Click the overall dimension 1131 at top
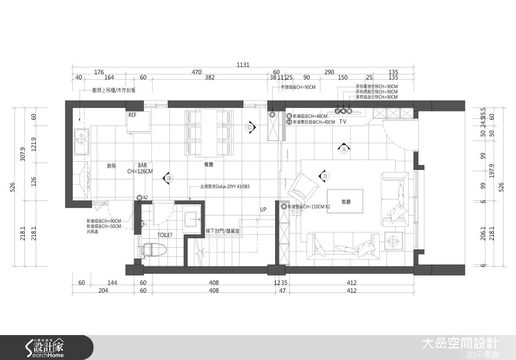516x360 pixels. coord(243,65)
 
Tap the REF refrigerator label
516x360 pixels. coord(132,115)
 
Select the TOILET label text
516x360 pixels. coord(165,235)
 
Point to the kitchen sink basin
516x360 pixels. coord(80,142)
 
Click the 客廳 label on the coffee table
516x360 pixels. coord(345,201)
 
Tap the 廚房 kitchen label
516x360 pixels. coord(111,166)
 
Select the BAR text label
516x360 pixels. coord(142,165)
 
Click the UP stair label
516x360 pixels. coord(263,209)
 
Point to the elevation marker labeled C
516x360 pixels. coord(249,127)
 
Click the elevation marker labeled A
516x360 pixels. coord(343,149)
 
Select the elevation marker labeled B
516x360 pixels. coord(325,176)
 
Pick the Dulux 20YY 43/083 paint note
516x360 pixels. coord(224,187)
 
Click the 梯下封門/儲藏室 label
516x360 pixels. coord(222,231)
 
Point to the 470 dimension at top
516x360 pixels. coord(197,72)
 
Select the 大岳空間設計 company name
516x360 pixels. coord(460,343)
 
